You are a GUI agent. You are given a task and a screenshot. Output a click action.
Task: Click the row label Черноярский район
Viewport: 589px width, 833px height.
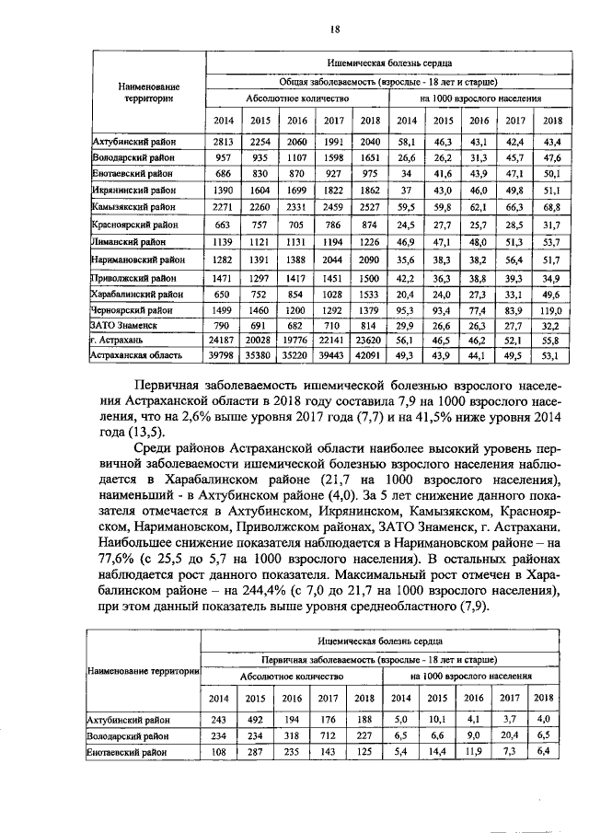click(135, 311)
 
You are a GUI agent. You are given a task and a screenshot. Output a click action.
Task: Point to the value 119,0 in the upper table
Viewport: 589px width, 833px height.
click(552, 311)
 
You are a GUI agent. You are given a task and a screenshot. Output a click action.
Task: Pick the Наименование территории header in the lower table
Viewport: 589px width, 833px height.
click(144, 671)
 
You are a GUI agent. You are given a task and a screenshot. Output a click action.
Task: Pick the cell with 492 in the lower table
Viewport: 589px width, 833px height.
click(257, 719)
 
